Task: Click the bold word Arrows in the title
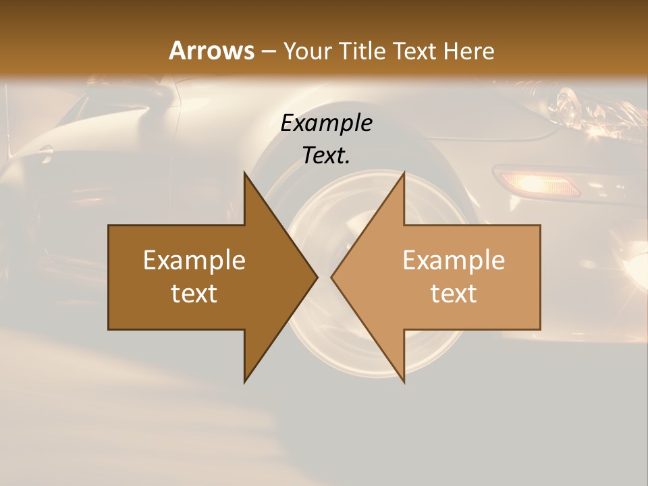point(212,51)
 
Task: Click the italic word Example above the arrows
point(327,123)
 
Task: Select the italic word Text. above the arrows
point(327,155)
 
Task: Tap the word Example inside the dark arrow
point(194,260)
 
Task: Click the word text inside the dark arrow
point(194,294)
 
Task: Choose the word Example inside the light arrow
point(454,260)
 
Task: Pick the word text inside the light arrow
point(454,294)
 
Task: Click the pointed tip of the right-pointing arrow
point(317,277)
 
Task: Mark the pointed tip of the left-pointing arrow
point(332,277)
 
